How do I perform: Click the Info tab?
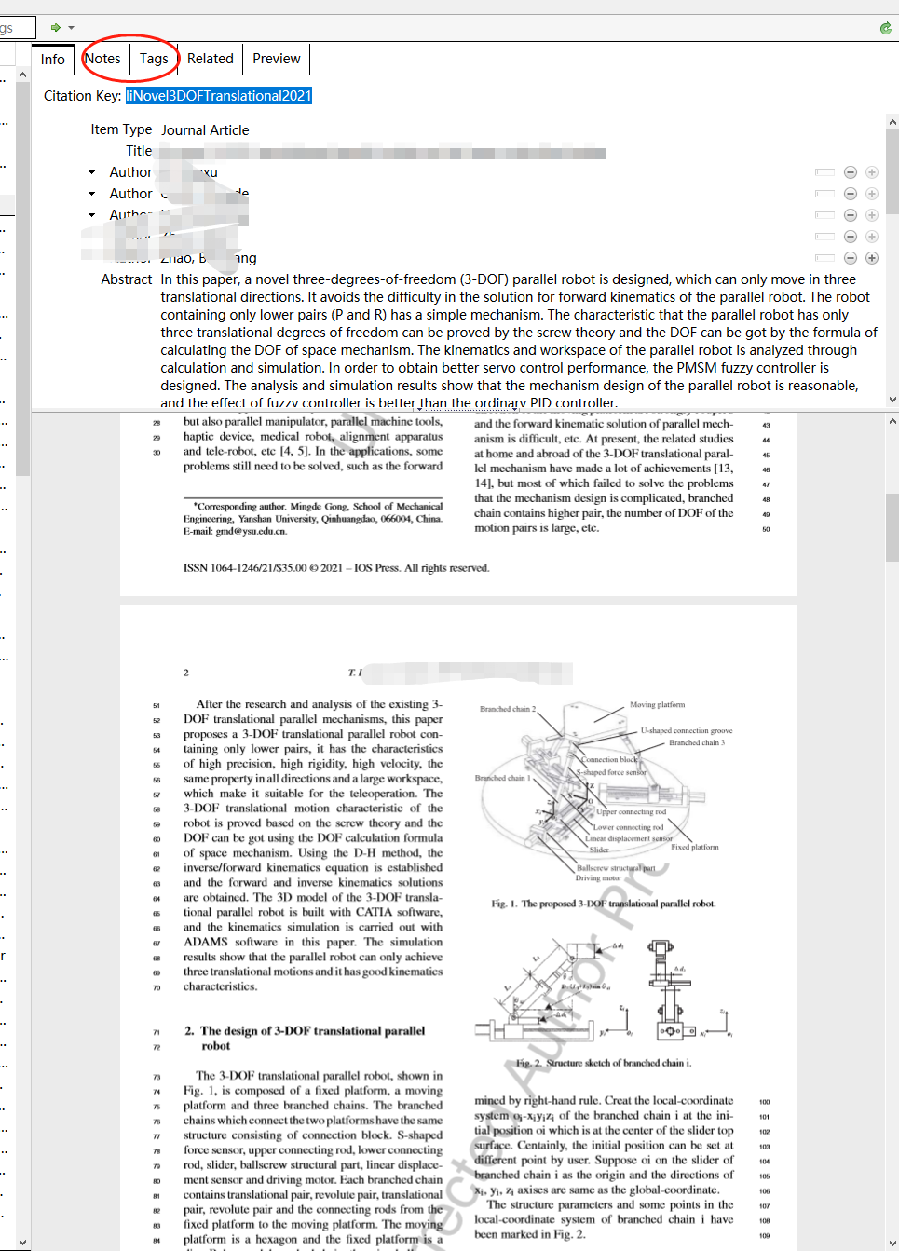(53, 60)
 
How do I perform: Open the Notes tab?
(102, 59)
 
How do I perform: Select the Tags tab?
(154, 59)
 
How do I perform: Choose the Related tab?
(210, 59)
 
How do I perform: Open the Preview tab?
(277, 59)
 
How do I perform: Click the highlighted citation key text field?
(219, 96)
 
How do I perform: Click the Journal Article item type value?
(205, 130)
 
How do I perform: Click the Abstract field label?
(126, 279)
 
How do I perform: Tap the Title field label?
(139, 151)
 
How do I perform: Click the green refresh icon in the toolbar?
(885, 28)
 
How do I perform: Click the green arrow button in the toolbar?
(56, 28)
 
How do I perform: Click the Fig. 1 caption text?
(604, 904)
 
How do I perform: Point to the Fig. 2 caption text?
(604, 1063)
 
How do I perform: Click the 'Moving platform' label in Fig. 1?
(657, 705)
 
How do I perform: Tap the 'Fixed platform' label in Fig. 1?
(694, 848)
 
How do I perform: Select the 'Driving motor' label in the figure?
(598, 878)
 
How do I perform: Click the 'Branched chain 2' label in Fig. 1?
(508, 709)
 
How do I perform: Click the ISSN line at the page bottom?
(335, 568)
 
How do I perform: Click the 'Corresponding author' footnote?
(312, 519)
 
